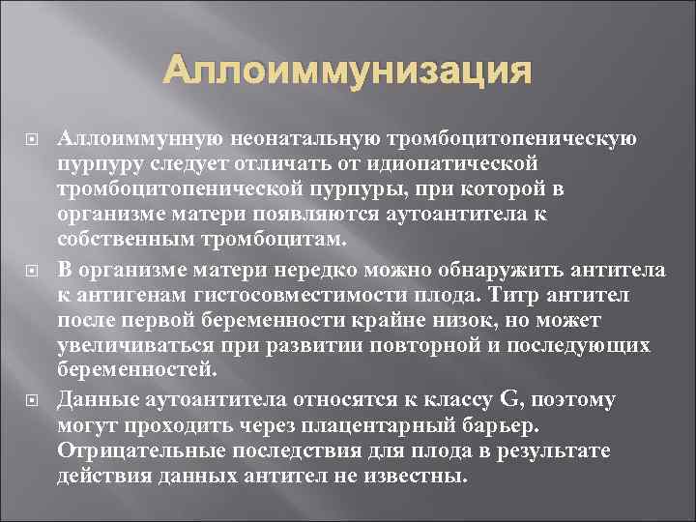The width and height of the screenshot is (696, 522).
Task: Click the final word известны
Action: [419, 477]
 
